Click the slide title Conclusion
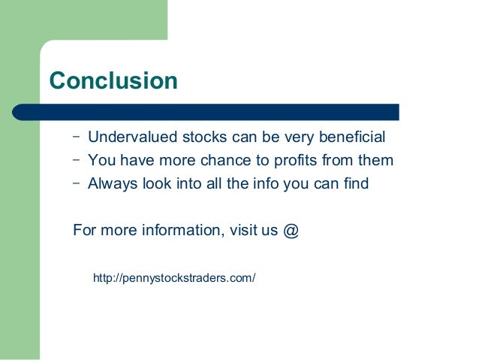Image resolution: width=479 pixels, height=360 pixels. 113,80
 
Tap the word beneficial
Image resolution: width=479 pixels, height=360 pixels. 349,138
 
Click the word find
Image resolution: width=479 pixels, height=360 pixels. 354,183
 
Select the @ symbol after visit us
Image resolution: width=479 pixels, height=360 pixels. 291,230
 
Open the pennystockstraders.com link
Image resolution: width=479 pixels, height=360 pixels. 174,279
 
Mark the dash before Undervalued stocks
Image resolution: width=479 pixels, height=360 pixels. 77,137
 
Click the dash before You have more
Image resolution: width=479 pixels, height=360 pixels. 77,159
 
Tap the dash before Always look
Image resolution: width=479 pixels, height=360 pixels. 77,182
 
